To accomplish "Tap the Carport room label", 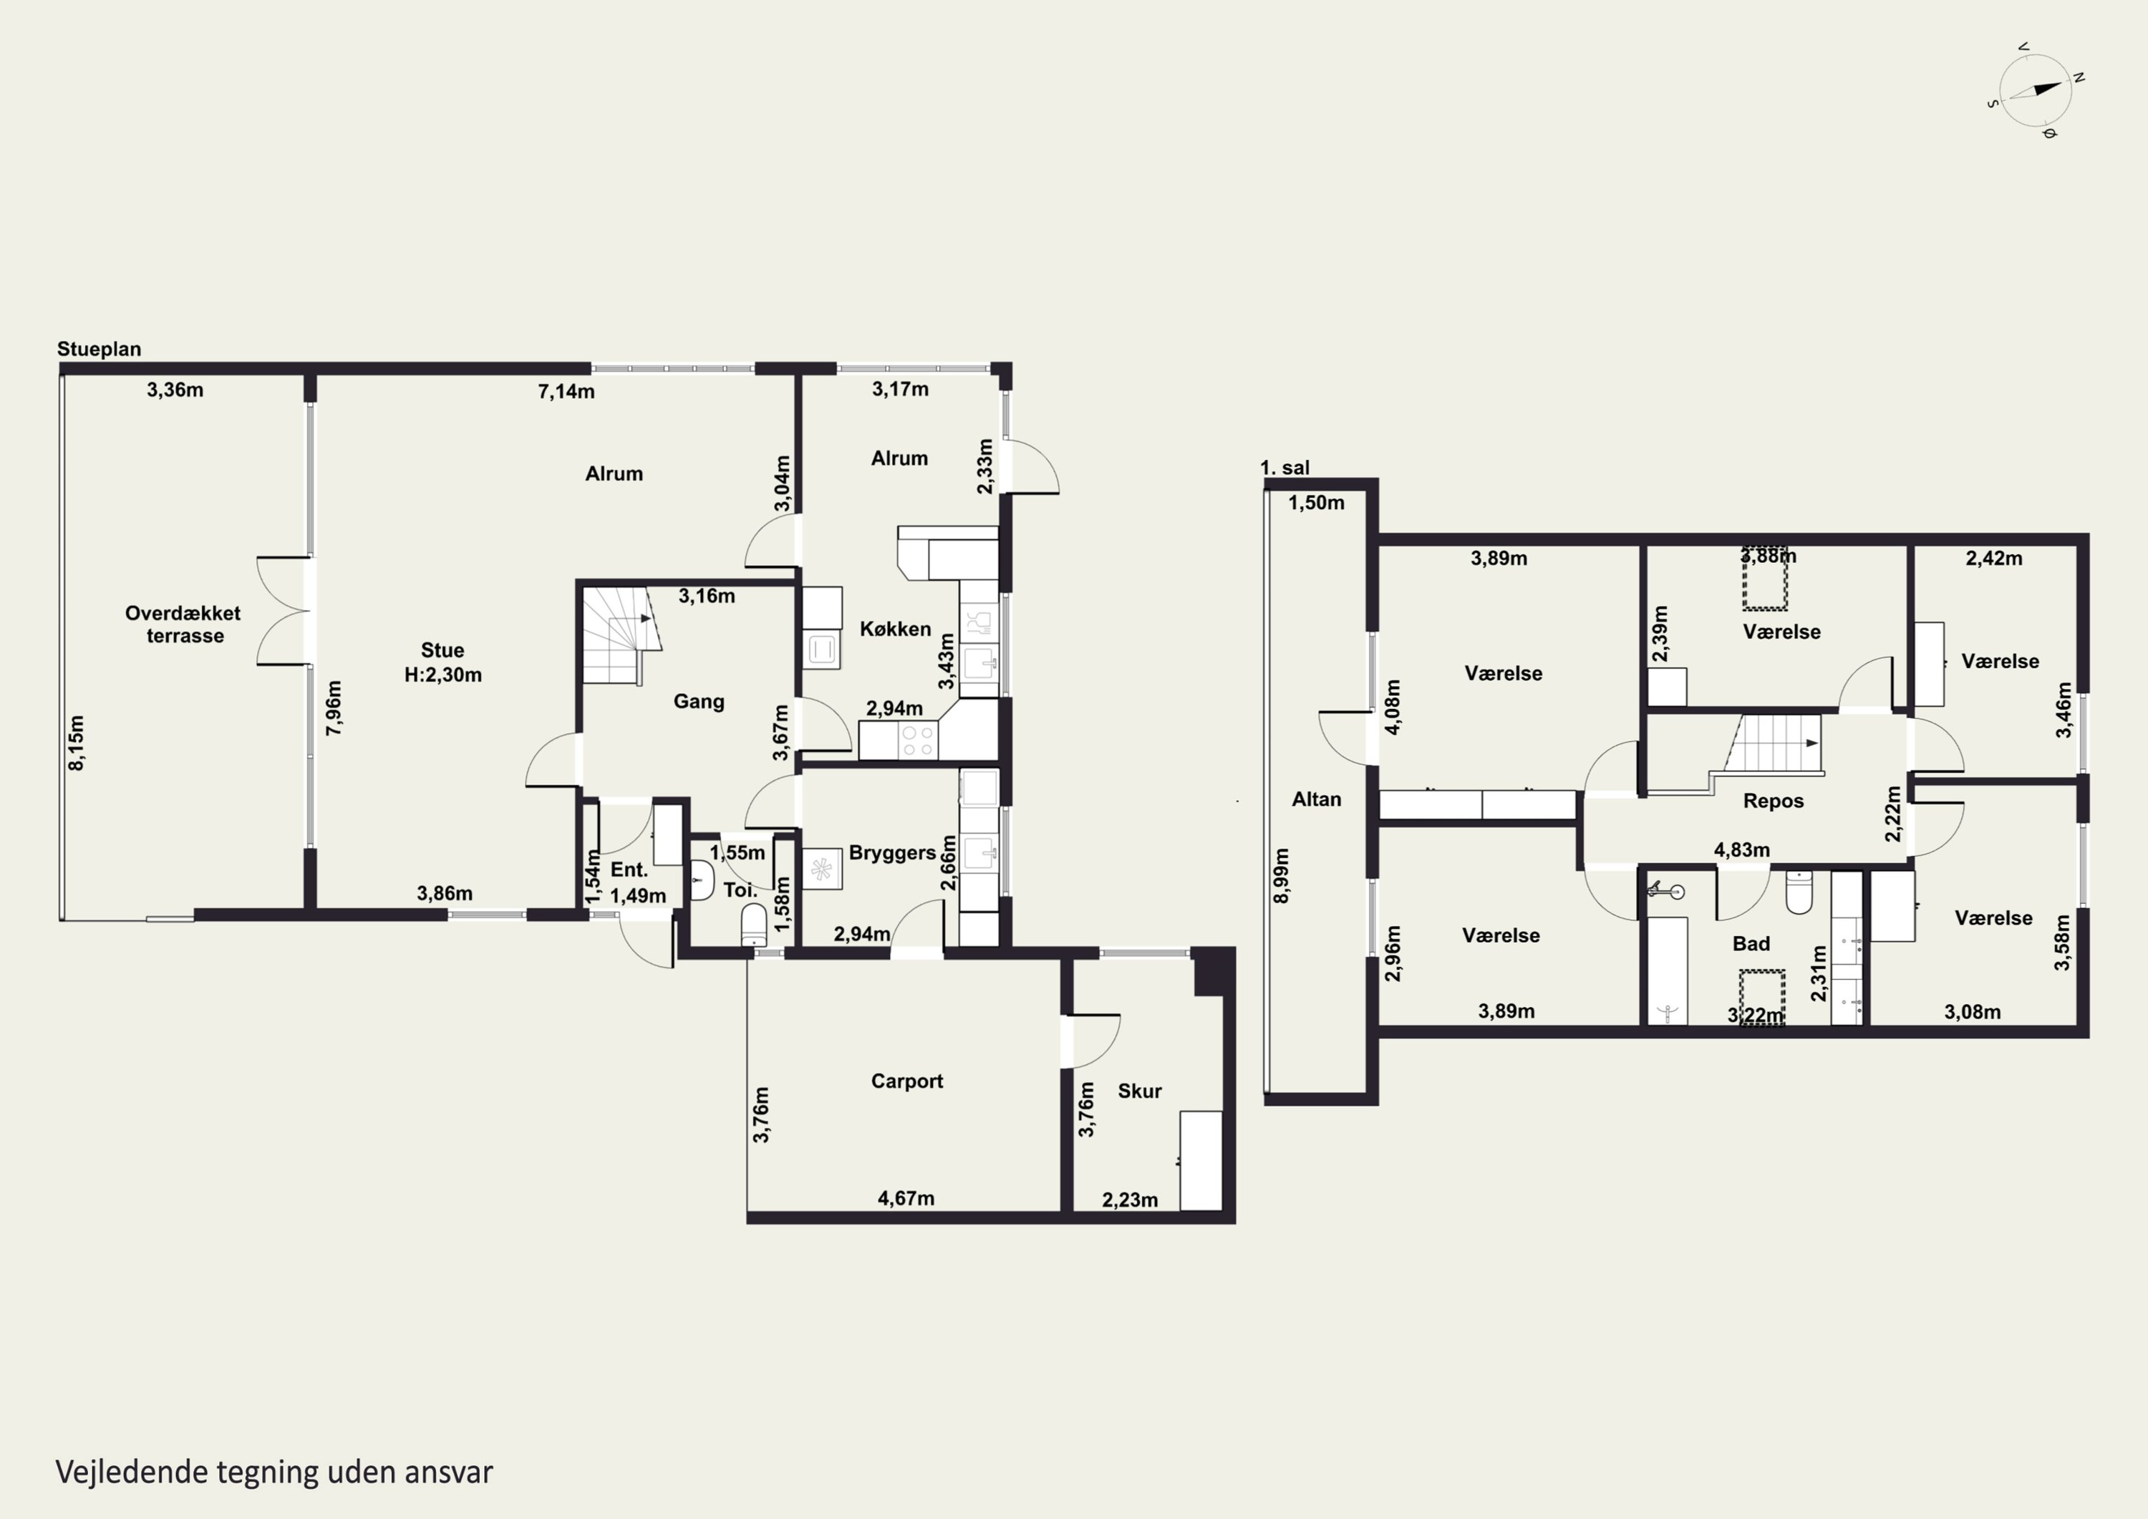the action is pos(906,1081).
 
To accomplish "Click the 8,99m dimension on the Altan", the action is pos(1282,875).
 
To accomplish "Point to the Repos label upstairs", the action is pos(1773,801).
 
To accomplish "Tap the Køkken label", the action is pos(895,629).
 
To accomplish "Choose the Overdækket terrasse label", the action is pos(183,625).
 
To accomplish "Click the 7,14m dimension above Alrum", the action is pos(566,391).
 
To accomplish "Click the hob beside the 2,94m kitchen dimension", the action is pos(916,741).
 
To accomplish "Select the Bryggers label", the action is pos(893,854).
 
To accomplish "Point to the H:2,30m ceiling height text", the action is pos(442,675).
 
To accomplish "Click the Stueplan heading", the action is pos(100,349).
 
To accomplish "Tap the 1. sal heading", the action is pos(1285,468).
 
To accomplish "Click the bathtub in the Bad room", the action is pos(1667,970).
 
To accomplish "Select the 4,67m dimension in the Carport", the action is pos(906,1198).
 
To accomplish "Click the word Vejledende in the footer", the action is pos(131,1472).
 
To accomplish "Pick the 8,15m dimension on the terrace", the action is pos(77,743).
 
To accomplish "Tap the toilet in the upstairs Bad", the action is pos(1799,892).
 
